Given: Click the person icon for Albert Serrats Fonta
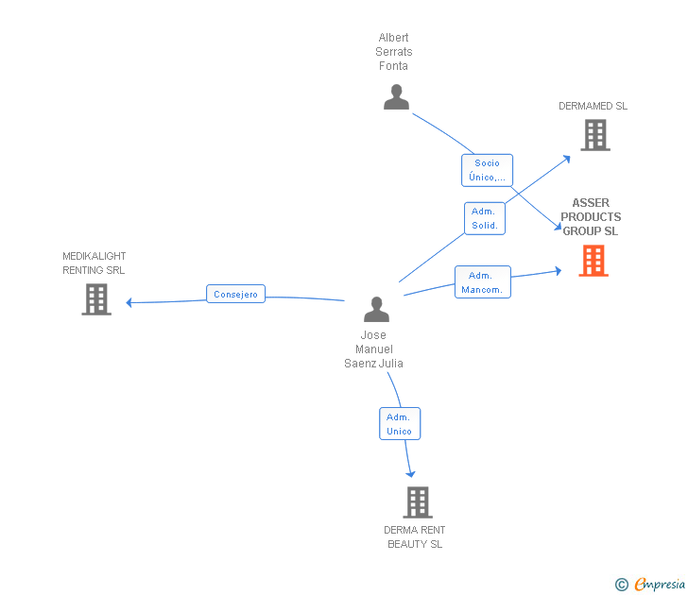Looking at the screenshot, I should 396,97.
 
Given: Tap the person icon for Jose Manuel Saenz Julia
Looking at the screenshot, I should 376,310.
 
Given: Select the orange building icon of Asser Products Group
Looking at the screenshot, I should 593,261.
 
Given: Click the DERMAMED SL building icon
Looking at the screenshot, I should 594,135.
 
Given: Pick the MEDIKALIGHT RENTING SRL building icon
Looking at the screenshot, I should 95,299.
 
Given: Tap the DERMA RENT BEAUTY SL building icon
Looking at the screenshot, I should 417,502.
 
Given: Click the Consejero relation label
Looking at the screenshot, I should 236,295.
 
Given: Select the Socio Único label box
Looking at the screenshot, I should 487,170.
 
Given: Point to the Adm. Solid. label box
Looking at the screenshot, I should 484,218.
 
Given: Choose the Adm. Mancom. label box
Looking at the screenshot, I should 482,282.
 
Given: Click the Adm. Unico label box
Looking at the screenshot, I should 399,424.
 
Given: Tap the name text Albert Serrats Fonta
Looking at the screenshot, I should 394,52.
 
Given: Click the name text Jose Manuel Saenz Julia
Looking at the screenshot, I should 373,349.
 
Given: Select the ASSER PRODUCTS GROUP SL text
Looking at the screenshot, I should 591,217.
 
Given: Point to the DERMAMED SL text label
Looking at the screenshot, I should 593,107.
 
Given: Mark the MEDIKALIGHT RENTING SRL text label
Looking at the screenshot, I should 94,263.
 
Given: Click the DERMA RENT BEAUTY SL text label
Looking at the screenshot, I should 415,537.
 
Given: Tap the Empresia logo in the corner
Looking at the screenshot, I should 659,585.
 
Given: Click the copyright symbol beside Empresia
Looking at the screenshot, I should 621,586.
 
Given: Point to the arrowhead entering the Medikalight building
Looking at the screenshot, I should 129,302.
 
